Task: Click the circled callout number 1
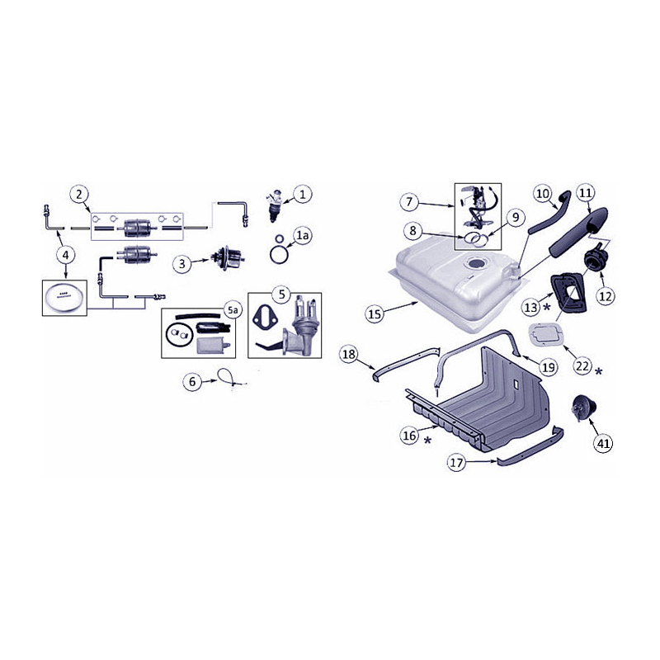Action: [303, 195]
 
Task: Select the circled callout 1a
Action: [303, 236]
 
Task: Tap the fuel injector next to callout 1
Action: [274, 205]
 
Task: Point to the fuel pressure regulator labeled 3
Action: [228, 258]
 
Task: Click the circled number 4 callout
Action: [66, 254]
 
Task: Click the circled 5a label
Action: [233, 310]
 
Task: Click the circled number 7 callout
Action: [409, 201]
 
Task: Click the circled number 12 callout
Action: [606, 296]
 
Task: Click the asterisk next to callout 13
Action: [546, 307]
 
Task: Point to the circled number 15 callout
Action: [375, 313]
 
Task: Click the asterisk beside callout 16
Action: [427, 441]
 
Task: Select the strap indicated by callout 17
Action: [531, 449]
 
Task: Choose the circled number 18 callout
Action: [349, 354]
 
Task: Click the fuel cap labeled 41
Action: [583, 407]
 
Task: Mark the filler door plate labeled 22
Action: [545, 334]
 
